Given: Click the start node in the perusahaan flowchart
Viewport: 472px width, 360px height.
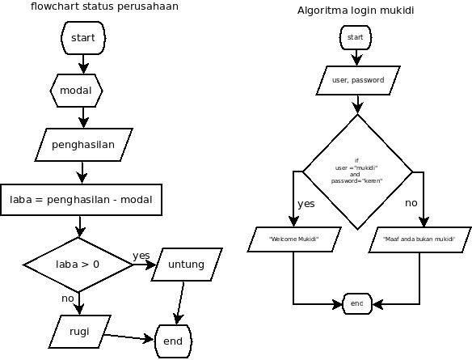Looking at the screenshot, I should pos(83,37).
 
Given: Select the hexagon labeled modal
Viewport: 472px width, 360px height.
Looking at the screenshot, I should pos(76,91).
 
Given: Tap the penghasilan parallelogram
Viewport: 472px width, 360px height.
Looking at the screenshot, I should pos(83,145).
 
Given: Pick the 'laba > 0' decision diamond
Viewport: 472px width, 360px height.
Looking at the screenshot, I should pos(78,264).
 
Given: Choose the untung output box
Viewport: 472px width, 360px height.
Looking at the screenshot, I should pos(185,265).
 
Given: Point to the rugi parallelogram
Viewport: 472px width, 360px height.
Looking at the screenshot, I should pos(78,330).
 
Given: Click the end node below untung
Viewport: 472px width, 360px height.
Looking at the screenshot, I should pos(173,341).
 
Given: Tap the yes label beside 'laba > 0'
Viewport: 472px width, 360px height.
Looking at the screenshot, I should pos(141,256).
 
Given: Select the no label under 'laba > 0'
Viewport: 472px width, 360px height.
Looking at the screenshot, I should pos(68,299).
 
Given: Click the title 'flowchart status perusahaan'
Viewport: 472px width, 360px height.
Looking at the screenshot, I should pos(105,6).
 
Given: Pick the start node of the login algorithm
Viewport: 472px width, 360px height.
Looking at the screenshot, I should pos(356,37).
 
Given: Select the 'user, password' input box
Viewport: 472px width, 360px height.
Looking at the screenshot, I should pos(356,81).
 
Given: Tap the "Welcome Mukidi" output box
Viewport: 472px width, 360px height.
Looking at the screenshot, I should pos(293,239).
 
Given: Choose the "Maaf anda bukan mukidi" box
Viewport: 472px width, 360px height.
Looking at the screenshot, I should pos(419,239).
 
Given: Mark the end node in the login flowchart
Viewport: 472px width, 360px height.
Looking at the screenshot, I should pos(356,303).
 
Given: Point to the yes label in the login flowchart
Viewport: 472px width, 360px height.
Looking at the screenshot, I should pos(306,204).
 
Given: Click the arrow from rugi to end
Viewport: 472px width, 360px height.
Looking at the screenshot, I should pos(129,337).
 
